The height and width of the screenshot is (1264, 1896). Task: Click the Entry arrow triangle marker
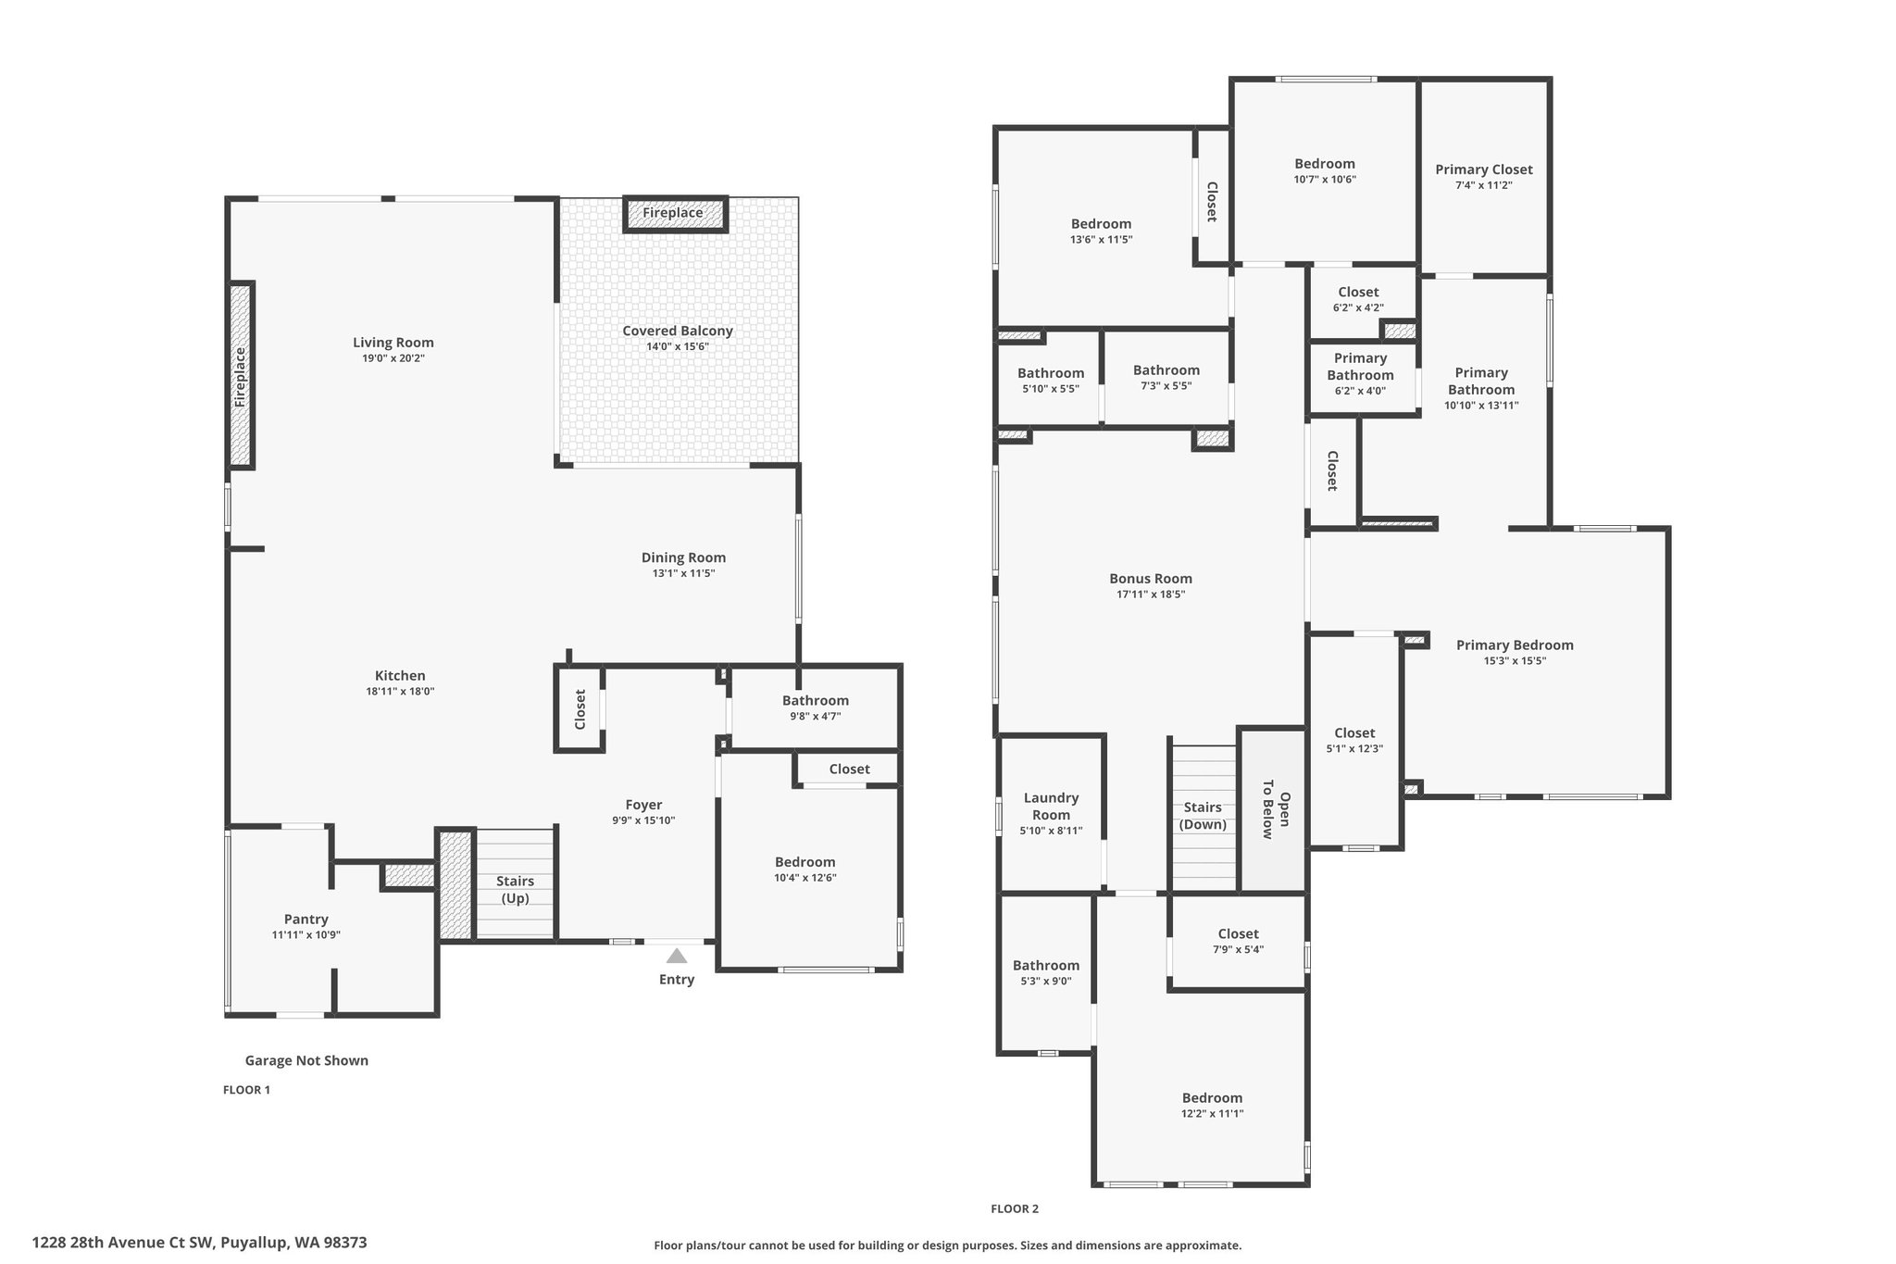click(677, 956)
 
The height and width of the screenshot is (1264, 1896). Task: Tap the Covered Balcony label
click(678, 331)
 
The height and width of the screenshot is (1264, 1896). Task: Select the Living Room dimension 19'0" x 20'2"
click(393, 358)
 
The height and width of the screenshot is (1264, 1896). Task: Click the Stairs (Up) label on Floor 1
click(515, 889)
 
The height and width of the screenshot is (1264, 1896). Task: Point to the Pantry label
click(306, 920)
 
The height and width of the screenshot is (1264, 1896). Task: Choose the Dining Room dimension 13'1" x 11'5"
click(683, 573)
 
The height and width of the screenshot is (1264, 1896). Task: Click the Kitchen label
click(400, 676)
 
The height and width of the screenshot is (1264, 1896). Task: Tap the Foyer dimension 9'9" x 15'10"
click(643, 820)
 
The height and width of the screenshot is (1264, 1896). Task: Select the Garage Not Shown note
click(306, 1060)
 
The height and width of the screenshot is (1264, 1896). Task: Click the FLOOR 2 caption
click(1015, 1208)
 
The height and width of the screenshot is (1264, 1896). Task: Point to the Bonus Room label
click(1151, 579)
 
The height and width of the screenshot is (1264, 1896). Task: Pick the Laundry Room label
click(1051, 806)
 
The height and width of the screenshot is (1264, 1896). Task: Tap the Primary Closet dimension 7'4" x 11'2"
click(1484, 185)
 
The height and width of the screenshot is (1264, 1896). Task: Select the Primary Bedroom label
click(1515, 645)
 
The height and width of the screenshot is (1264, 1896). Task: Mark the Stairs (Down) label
click(1203, 815)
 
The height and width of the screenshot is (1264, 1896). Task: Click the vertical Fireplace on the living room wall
click(242, 375)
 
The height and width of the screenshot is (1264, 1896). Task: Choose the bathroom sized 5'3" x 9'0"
click(1045, 972)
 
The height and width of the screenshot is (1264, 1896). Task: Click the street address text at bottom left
click(200, 1243)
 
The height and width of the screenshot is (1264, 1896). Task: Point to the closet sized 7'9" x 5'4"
click(1238, 942)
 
